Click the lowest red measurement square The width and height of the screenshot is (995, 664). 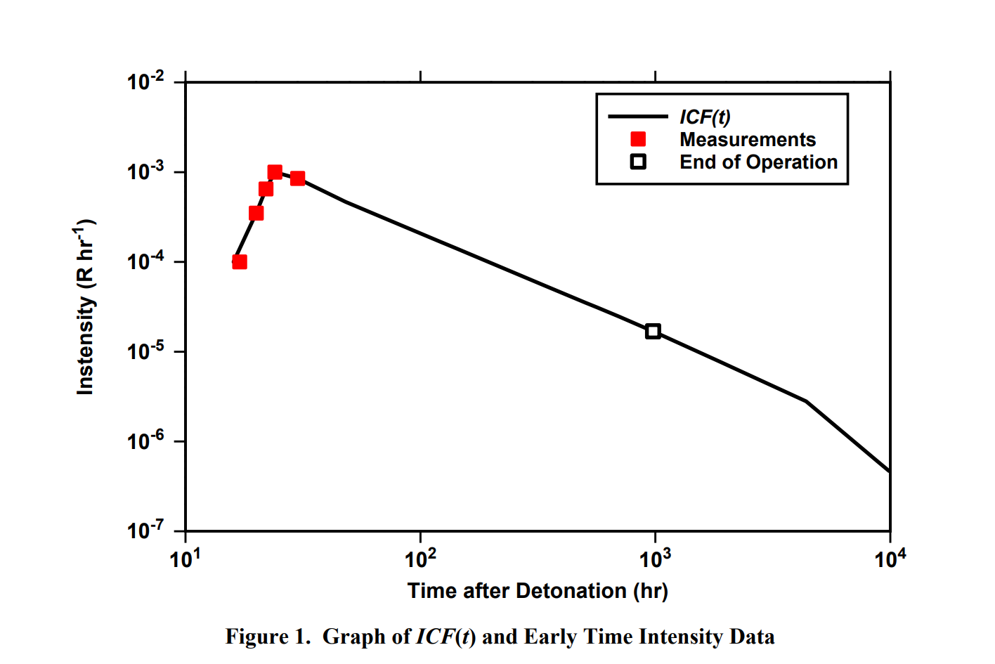tap(240, 262)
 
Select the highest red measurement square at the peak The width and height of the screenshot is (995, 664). tap(275, 172)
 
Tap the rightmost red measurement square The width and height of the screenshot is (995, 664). tap(298, 178)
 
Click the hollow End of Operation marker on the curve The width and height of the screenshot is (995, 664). tap(653, 331)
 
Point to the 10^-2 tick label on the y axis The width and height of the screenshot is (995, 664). tap(145, 82)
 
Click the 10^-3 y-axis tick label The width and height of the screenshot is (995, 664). tap(145, 171)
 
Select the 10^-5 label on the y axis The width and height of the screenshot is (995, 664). tap(145, 351)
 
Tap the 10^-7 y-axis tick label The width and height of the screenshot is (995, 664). tap(145, 530)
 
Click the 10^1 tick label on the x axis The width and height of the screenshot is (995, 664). tap(186, 559)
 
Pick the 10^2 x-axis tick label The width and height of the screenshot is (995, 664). tap(420, 559)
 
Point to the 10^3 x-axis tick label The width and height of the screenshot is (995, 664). tap(655, 559)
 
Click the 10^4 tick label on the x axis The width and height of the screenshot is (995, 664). tap(890, 559)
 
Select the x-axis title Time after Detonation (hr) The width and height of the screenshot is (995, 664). tap(538, 591)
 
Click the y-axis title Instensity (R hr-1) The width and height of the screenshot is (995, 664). tap(85, 307)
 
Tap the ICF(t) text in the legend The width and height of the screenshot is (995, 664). tap(705, 117)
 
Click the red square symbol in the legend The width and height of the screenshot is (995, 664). tap(638, 139)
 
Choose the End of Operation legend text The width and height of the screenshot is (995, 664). tap(758, 162)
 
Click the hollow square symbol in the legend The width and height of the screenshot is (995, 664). tap(638, 162)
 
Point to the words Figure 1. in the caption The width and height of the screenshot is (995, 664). tap(267, 637)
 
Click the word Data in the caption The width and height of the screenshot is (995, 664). tap(752, 637)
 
